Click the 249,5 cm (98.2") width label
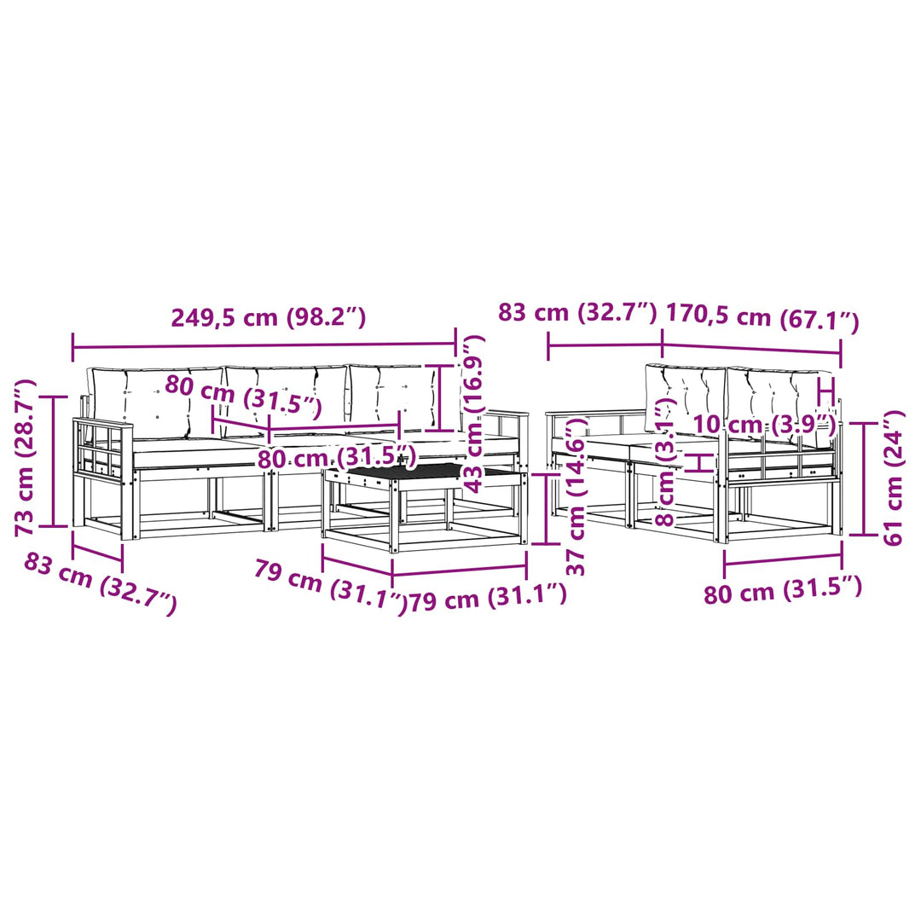269,317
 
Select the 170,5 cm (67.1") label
762,318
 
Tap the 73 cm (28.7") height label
26,459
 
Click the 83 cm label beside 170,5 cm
577,312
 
